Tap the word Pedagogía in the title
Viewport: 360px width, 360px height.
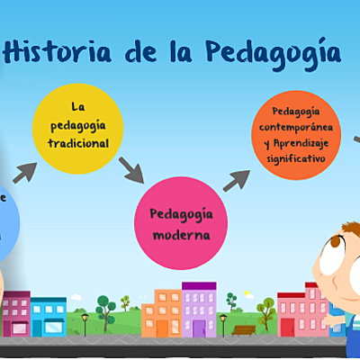click(271, 51)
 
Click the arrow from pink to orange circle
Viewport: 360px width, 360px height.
click(236, 180)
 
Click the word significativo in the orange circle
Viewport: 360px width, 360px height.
click(295, 157)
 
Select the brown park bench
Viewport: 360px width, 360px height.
click(243, 329)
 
